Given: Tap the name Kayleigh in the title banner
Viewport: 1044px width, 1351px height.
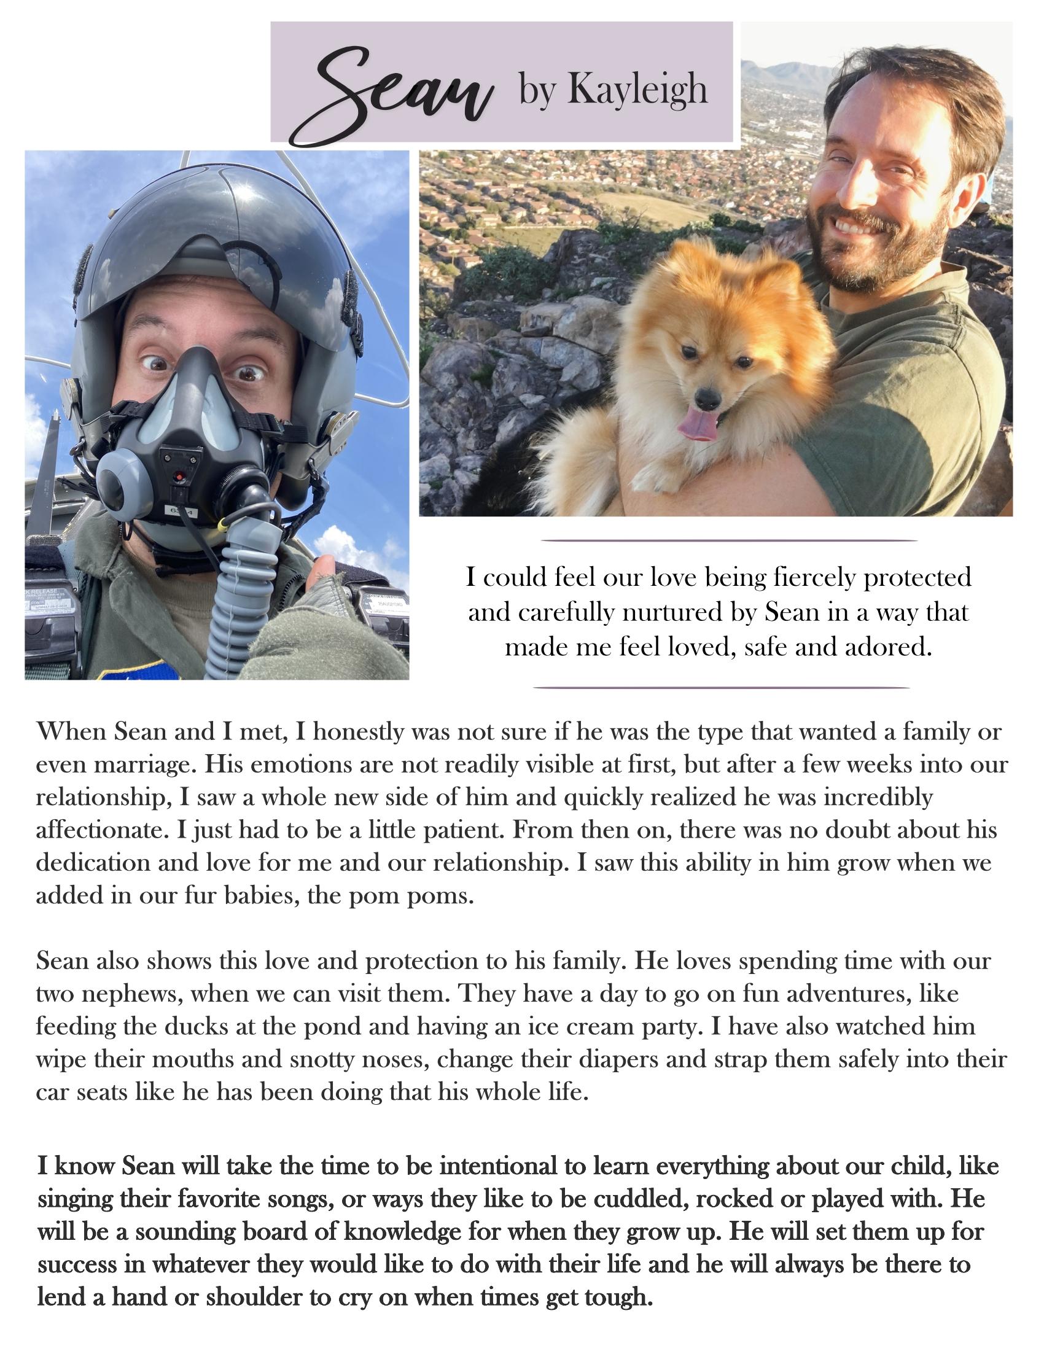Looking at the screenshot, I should [637, 90].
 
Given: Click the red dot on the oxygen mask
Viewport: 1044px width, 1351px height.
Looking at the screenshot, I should [181, 477].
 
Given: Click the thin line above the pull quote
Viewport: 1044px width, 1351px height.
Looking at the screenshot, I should [728, 540].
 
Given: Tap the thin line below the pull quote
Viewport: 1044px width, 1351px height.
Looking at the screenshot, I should [721, 687].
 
